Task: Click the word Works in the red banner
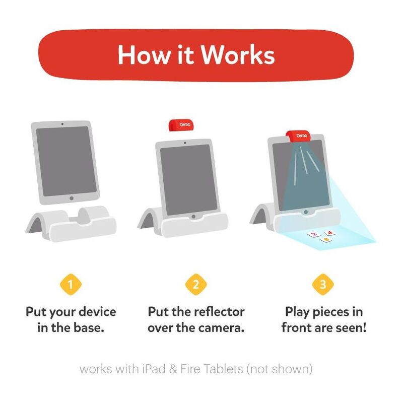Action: coord(238,55)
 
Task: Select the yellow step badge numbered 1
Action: coord(71,285)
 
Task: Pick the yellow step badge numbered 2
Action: coord(196,285)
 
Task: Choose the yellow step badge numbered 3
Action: coord(323,285)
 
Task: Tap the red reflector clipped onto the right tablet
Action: coord(298,136)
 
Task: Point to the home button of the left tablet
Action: coord(72,198)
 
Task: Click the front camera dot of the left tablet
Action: coord(62,124)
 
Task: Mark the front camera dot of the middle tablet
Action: coord(185,143)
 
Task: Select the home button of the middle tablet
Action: coord(193,217)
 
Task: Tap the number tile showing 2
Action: coord(314,234)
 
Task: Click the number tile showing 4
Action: coord(330,233)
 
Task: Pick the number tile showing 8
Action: coord(326,240)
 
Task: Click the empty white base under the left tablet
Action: coord(71,224)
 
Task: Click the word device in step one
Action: coord(97,312)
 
